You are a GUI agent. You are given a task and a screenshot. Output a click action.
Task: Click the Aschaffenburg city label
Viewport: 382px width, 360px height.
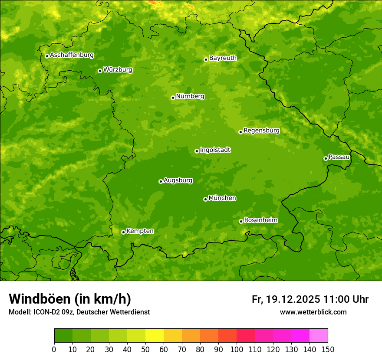(x=72, y=55)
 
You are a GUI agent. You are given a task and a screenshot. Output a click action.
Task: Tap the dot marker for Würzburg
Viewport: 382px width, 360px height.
(x=100, y=71)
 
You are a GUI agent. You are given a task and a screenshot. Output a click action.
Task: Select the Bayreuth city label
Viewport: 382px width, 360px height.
(x=223, y=58)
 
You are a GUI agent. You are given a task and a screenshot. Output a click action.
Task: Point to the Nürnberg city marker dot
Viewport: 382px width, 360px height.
(x=173, y=98)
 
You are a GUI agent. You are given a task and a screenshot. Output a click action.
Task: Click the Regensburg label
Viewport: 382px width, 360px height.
(x=261, y=131)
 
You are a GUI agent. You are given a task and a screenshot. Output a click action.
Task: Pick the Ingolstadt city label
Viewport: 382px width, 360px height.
(x=215, y=150)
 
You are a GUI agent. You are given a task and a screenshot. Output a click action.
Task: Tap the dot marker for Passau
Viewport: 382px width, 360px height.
(x=326, y=158)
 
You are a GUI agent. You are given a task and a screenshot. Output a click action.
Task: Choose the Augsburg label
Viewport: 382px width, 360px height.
(x=178, y=180)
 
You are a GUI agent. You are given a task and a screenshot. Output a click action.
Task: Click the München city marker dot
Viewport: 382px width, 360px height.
(x=205, y=199)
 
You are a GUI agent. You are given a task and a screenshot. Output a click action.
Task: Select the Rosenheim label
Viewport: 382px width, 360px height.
(x=260, y=220)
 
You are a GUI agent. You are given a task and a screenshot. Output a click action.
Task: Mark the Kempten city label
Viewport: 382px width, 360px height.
(x=140, y=231)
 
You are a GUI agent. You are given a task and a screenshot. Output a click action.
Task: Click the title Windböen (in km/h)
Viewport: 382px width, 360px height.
(x=70, y=299)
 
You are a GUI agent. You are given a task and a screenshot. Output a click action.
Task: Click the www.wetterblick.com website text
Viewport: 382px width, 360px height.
(x=313, y=312)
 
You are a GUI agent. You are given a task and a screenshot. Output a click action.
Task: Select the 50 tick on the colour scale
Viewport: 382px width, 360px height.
(x=145, y=349)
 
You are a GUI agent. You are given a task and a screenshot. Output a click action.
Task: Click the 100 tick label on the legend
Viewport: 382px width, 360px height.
(x=237, y=349)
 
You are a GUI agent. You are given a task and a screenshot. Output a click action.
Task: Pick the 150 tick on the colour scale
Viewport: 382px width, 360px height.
(x=328, y=349)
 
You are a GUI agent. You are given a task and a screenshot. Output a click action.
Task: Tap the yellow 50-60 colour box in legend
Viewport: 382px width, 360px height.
(x=155, y=336)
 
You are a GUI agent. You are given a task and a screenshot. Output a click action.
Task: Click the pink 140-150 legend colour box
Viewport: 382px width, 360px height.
(x=319, y=336)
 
